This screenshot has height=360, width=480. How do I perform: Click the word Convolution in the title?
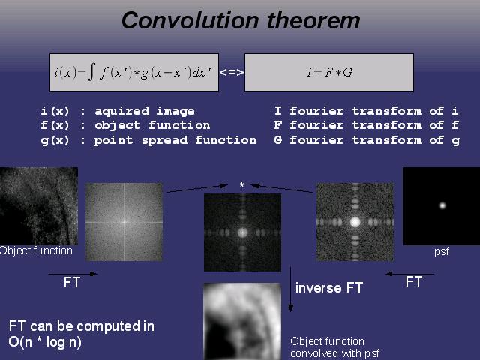tap(190, 20)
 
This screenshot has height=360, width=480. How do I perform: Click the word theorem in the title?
tap(313, 20)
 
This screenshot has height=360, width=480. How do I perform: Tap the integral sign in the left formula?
tap(91, 72)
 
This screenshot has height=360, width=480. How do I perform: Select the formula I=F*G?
tap(330, 72)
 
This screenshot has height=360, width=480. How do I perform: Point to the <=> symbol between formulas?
tap(232, 72)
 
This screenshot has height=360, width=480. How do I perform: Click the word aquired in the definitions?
tap(121, 111)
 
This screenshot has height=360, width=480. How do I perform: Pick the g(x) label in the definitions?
tap(55, 140)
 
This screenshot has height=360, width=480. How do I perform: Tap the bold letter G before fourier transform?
tap(278, 140)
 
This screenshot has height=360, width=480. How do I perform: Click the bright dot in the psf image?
tap(442, 205)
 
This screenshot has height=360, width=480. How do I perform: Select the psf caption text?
tap(442, 252)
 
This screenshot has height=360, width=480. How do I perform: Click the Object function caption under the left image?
tap(36, 250)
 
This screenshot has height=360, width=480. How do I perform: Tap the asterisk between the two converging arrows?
tap(241, 185)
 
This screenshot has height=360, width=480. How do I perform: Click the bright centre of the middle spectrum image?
tap(242, 232)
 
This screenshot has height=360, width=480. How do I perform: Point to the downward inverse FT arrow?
tap(290, 289)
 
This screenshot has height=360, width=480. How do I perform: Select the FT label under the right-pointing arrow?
tap(72, 282)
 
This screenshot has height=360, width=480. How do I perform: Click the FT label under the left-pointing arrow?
tap(414, 282)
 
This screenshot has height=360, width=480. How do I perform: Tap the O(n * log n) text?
tap(45, 342)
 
